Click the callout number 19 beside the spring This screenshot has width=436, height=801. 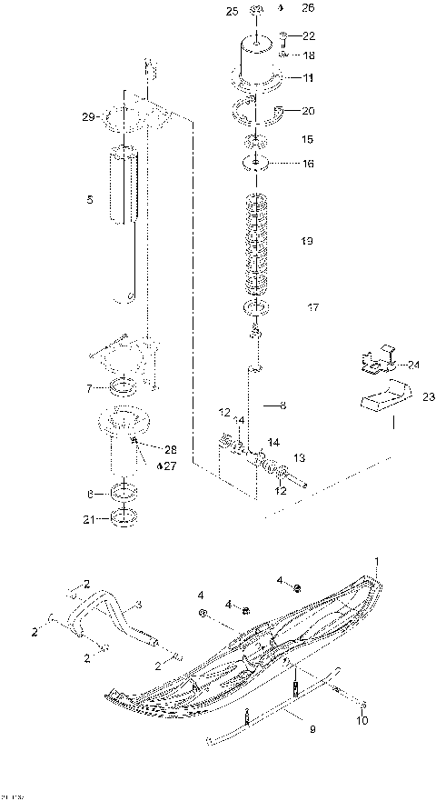306,241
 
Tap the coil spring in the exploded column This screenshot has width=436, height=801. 256,244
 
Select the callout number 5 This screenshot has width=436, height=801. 89,198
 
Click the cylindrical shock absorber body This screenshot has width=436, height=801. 124,186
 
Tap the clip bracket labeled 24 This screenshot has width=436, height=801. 380,361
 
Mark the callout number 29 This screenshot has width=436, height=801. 86,117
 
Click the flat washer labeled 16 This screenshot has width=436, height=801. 256,165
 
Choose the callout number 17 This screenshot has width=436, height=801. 312,308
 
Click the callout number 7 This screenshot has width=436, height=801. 89,389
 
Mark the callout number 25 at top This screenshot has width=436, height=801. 231,10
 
